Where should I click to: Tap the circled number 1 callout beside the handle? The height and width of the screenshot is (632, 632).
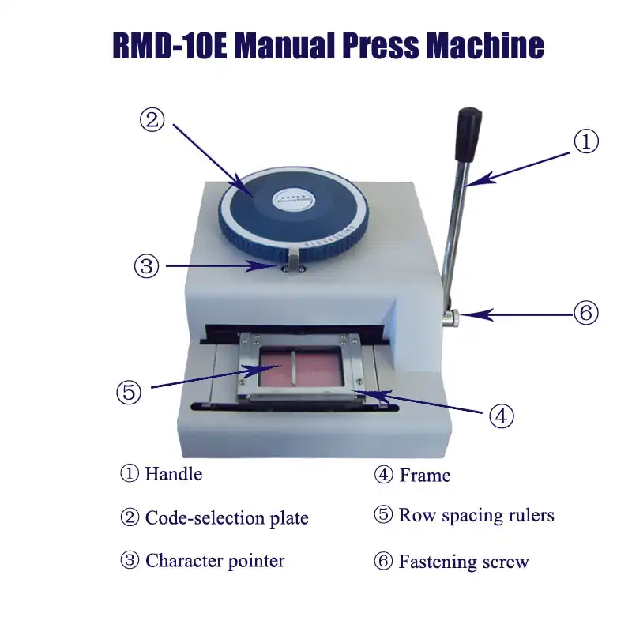point(585,142)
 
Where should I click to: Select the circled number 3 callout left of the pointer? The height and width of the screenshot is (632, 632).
point(146,266)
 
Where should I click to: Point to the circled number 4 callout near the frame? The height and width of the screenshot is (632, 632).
point(502,416)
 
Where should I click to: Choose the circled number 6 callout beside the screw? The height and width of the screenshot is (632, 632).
point(585,313)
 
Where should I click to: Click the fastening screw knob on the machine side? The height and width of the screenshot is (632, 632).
point(451,318)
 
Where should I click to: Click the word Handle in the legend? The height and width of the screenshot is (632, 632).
point(174,474)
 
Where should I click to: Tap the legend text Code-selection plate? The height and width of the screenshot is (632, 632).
point(227,518)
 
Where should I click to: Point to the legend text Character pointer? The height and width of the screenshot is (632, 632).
point(215,561)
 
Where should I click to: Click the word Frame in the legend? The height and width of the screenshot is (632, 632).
point(425,475)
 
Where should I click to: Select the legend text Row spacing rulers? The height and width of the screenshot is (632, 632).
point(476,516)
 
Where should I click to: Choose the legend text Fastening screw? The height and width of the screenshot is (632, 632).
point(464,562)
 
